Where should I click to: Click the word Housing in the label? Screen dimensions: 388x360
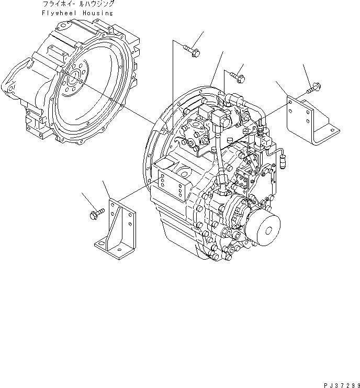click(95, 13)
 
